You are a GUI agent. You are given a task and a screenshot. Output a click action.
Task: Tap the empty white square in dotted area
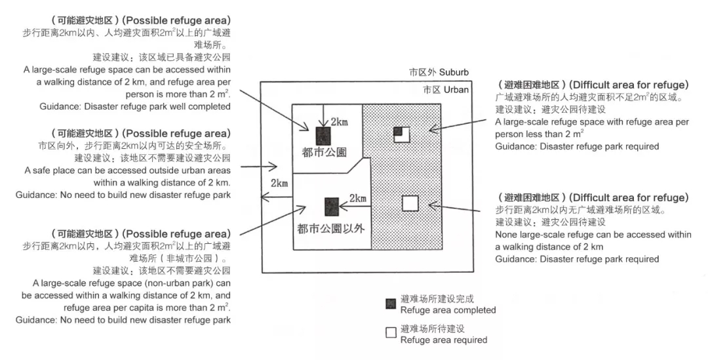coord(410,203)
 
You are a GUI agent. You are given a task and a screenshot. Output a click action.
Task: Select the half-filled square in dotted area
coord(401,134)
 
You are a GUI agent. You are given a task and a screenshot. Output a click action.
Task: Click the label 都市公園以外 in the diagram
coord(330,228)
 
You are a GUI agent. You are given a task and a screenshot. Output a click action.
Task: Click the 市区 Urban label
coord(446,90)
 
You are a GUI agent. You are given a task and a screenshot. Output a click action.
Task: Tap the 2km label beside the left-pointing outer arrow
coord(279,184)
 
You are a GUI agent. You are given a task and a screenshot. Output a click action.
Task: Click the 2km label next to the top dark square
coord(339,123)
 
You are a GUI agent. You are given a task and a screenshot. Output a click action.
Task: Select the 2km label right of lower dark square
coord(358,198)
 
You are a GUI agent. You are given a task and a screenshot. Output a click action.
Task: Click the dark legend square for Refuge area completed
coord(391,304)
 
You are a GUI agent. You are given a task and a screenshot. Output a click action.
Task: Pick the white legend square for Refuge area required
coord(391,332)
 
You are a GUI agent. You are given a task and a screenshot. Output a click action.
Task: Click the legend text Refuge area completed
coord(448,310)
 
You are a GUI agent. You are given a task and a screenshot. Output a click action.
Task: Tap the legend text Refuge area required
coord(444,340)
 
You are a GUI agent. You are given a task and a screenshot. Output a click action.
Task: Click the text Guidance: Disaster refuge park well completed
coord(135,106)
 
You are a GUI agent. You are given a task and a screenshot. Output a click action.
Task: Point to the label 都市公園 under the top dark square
coord(325,153)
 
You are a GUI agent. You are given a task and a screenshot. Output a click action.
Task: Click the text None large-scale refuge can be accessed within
coord(593,235)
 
